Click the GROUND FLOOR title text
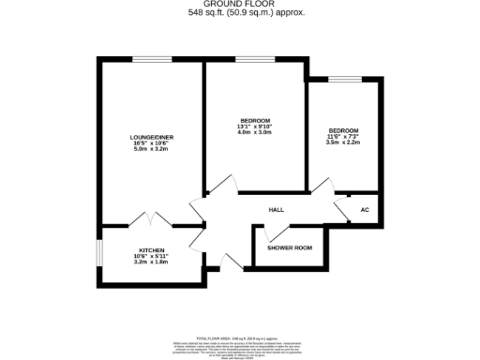[x=239, y=5]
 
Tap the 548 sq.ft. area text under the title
[x=239, y=13]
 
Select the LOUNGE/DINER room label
[x=149, y=138]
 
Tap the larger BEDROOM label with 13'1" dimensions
[x=255, y=121]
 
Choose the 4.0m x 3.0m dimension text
[x=255, y=133]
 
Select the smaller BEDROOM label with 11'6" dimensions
[x=343, y=129]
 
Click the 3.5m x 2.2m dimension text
[x=343, y=142]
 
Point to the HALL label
[x=277, y=210]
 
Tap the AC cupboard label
[x=365, y=210]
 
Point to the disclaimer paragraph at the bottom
[x=239, y=348]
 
